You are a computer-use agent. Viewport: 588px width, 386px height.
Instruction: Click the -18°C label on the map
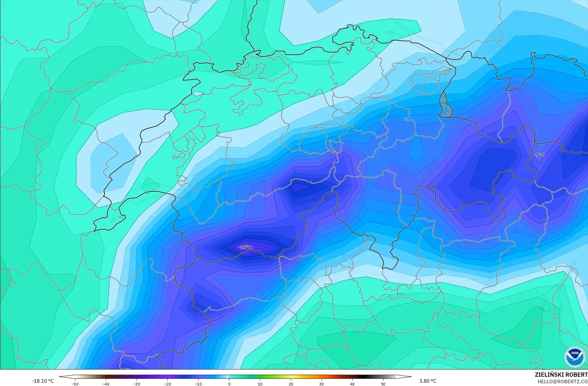pos(245,247)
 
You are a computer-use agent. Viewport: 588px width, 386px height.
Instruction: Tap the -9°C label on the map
pos(539,155)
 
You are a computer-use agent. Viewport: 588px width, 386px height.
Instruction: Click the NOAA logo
pos(575,357)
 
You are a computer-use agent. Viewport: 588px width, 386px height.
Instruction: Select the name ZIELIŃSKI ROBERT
pos(561,375)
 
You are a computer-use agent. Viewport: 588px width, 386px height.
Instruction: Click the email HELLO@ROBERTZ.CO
pos(562,382)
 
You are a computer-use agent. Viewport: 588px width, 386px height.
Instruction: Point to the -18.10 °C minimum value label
pos(43,381)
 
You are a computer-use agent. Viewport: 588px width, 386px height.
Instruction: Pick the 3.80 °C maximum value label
pos(428,381)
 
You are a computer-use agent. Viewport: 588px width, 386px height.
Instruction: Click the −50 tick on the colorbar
pos(75,384)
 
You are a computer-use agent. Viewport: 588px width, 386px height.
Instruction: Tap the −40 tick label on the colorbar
pos(105,384)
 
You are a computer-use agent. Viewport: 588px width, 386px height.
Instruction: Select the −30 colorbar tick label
pos(136,384)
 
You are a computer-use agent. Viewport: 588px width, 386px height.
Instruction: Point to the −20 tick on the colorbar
pos(167,384)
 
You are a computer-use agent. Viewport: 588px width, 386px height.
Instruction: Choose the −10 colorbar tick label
pos(198,384)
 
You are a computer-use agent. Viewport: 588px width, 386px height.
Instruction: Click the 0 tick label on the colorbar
pos(229,384)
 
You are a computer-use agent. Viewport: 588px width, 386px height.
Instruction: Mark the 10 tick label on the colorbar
pos(260,384)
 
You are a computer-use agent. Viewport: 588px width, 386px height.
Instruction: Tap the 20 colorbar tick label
pos(291,384)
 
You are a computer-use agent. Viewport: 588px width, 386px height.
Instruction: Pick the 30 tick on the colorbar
pos(322,384)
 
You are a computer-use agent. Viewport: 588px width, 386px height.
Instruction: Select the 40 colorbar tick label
pos(352,384)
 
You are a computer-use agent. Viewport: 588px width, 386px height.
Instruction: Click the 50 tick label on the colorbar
pos(383,384)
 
